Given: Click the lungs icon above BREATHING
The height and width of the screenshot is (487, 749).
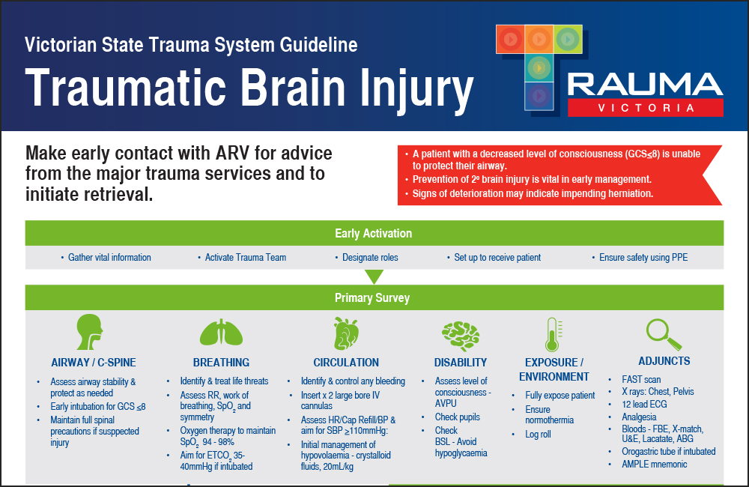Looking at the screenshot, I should [x=220, y=332].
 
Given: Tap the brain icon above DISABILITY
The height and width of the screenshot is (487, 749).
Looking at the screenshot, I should [x=461, y=332].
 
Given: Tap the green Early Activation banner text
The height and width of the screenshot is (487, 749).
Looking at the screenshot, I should [x=373, y=233].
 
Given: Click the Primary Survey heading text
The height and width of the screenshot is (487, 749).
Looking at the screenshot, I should [x=372, y=297].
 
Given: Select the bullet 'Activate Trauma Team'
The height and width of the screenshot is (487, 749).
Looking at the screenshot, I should [x=246, y=258].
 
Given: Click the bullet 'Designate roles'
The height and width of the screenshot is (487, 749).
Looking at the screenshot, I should [x=370, y=258].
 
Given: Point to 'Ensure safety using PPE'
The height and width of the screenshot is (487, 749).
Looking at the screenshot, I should [x=643, y=258].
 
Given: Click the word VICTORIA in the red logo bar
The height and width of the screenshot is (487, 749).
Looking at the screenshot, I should [x=645, y=107].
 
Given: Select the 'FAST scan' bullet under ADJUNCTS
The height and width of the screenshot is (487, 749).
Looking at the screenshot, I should [x=641, y=380].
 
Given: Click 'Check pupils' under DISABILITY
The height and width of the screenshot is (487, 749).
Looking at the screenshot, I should [x=458, y=417].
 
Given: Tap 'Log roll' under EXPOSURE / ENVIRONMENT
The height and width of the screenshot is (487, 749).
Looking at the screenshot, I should [x=538, y=435].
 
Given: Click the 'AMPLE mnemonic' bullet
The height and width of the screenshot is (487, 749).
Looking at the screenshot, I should [x=654, y=464].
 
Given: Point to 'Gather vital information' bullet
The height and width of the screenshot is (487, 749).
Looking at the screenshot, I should [x=109, y=258].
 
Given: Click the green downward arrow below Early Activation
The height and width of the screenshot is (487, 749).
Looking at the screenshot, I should [x=374, y=277].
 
